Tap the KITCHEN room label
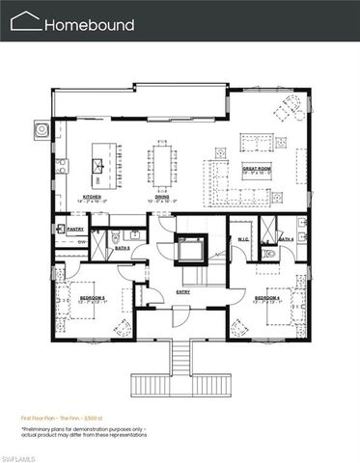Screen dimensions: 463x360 click(92, 196)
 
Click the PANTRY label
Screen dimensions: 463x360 click(74, 229)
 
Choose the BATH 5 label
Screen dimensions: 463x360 click(123, 248)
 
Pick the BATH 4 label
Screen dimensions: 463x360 click(287, 238)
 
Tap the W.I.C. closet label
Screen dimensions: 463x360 click(243, 238)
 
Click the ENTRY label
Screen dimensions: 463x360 click(182, 290)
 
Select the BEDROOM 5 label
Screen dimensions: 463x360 click(93, 299)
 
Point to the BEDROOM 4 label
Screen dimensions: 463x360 click(267, 299)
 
